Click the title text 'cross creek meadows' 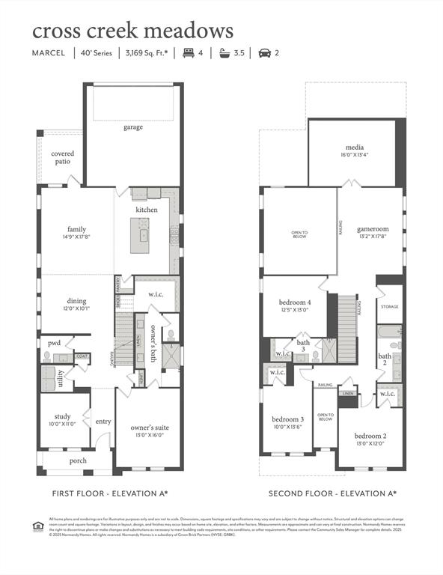(x=132, y=31)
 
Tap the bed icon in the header (x=189, y=53)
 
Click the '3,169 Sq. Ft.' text (x=146, y=53)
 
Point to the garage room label (x=133, y=127)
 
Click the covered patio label (x=62, y=157)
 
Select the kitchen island (x=140, y=238)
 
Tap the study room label (x=62, y=416)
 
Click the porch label (x=77, y=460)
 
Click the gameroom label (x=372, y=229)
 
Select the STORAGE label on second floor (x=389, y=307)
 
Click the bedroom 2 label (x=370, y=436)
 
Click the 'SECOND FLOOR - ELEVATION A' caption (x=332, y=493)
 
